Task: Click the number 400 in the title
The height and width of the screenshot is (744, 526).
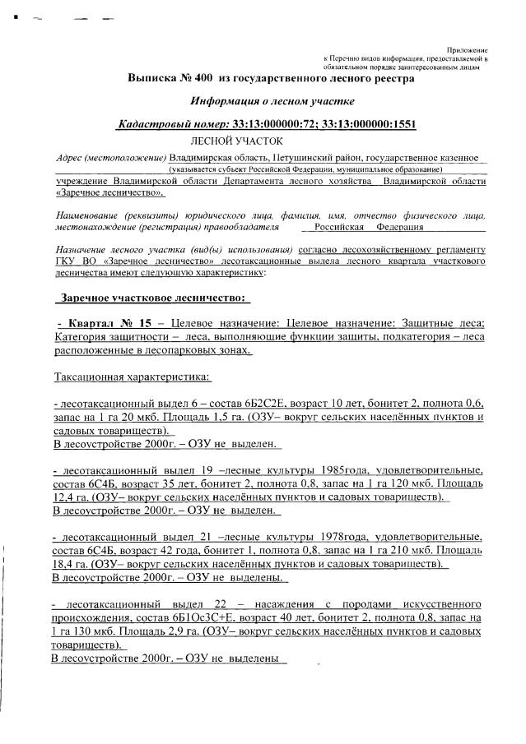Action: point(202,79)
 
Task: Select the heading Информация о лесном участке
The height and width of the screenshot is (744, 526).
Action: point(272,102)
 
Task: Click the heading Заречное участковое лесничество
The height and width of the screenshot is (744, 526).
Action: point(151,297)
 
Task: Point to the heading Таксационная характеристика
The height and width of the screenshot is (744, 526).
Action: point(132,377)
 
